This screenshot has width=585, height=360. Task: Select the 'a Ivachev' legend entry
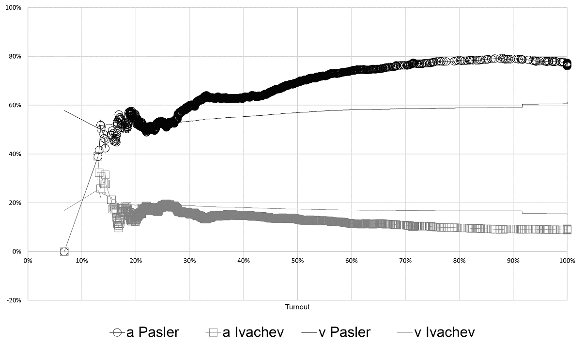[x=245, y=332]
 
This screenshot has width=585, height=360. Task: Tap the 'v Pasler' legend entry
[x=336, y=332]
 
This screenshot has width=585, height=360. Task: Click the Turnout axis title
[x=297, y=307]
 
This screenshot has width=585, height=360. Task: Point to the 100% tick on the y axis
[x=14, y=8]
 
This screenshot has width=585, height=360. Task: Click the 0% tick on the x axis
[x=28, y=261]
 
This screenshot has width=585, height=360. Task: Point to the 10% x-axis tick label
[x=82, y=261]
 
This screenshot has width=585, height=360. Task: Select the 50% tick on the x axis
[x=297, y=261]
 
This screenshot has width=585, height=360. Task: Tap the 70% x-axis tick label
[x=405, y=261]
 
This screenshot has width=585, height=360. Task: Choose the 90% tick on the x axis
[x=513, y=261]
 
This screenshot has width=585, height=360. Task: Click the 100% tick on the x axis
[x=567, y=261]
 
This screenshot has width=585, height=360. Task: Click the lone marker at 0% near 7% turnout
[x=64, y=251]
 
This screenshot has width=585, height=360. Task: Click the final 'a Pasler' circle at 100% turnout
[x=567, y=64]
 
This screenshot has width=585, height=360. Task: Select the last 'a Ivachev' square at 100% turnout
[x=567, y=229]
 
